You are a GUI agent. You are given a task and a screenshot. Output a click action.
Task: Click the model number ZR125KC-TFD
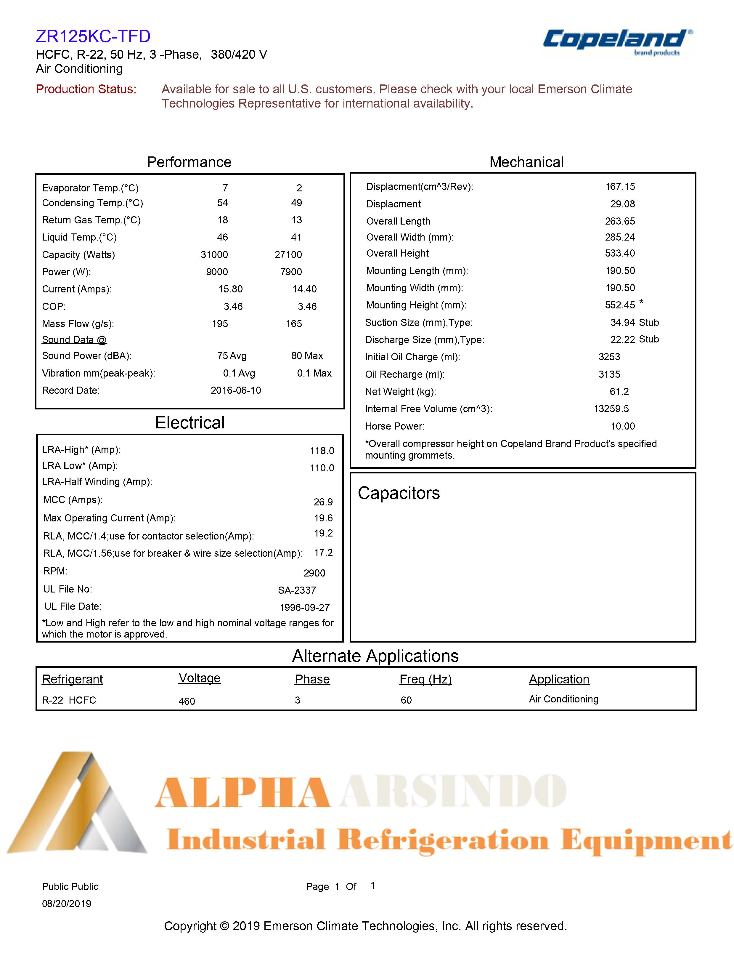pos(93,36)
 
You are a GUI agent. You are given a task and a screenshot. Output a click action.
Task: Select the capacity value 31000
pos(214,254)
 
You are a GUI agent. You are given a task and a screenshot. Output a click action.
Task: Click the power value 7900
pos(291,272)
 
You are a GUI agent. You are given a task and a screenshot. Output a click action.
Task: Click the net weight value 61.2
pos(619,392)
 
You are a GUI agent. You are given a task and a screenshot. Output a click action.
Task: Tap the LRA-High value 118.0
pos(322,451)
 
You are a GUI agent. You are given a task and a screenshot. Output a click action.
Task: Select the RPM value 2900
pos(314,573)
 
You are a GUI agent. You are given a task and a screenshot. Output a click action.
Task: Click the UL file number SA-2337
pos(297,590)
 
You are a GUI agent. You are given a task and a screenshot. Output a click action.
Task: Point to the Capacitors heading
pos(399,493)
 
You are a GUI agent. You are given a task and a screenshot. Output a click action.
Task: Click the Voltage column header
pos(200,678)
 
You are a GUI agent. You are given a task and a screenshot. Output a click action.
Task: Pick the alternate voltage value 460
pos(187,701)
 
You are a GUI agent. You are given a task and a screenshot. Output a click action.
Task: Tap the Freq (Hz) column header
pos(425,679)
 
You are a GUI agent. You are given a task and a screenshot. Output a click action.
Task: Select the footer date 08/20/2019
pos(66,904)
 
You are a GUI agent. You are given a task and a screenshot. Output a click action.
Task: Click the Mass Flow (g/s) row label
pos(78,324)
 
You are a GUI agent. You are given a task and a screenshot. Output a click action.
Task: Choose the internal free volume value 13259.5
pos(611,409)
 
